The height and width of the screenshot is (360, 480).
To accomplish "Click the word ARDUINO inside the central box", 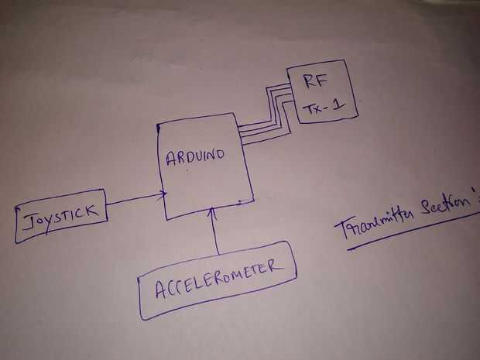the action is pyautogui.click(x=195, y=157).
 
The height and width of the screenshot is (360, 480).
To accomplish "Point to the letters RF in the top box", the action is pyautogui.click(x=316, y=81).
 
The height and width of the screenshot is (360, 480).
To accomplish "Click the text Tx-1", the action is pyautogui.click(x=324, y=108).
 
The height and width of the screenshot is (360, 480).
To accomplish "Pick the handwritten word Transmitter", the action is pyautogui.click(x=374, y=223).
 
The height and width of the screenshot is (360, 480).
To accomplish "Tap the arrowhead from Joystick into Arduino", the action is pyautogui.click(x=163, y=194).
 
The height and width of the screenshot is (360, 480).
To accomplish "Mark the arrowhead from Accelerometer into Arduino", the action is pyautogui.click(x=214, y=213).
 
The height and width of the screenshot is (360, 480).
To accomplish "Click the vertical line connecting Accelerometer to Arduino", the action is pyautogui.click(x=216, y=231).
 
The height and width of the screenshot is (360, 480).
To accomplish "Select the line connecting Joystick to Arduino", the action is pyautogui.click(x=135, y=199).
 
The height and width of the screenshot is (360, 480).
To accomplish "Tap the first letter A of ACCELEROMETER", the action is pyautogui.click(x=161, y=290).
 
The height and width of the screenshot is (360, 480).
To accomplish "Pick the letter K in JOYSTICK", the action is pyautogui.click(x=91, y=211).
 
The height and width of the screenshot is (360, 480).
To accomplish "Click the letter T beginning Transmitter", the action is pyautogui.click(x=343, y=228).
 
